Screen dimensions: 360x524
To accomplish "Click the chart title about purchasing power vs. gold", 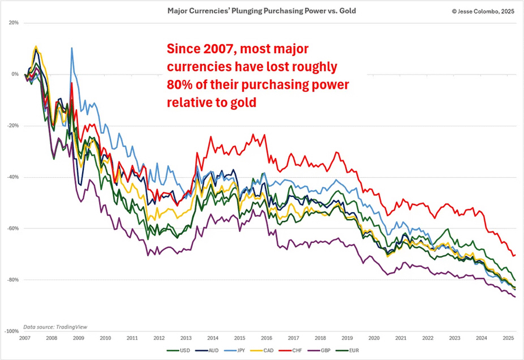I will (x=261, y=10).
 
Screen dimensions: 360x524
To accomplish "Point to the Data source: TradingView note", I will (x=56, y=327).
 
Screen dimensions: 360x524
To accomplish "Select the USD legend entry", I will (x=181, y=352).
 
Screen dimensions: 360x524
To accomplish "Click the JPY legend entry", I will (x=249, y=352).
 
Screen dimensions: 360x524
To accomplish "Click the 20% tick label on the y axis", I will (x=13, y=23).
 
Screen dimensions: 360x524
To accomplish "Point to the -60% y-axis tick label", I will (x=12, y=228).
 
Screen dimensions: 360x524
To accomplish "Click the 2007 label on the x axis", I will (x=24, y=338).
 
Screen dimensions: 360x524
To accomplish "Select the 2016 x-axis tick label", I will (x=265, y=338).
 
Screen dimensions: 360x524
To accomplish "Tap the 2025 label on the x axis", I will (x=507, y=338).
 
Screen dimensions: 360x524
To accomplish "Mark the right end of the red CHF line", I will (x=515, y=255).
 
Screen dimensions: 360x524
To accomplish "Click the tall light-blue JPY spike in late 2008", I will (x=72, y=48).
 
